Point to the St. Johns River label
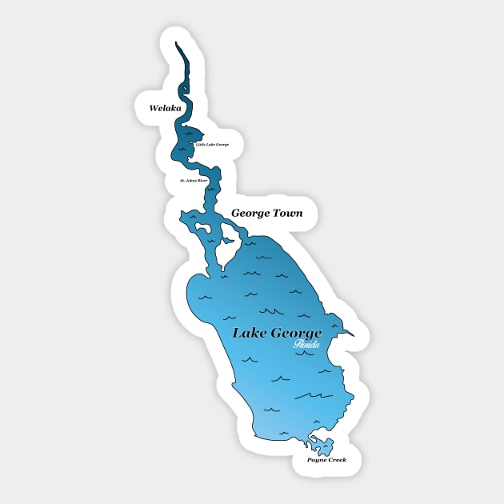point(194,181)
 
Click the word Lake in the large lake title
point(249,334)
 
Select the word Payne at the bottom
point(318,461)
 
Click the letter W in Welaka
point(143,106)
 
